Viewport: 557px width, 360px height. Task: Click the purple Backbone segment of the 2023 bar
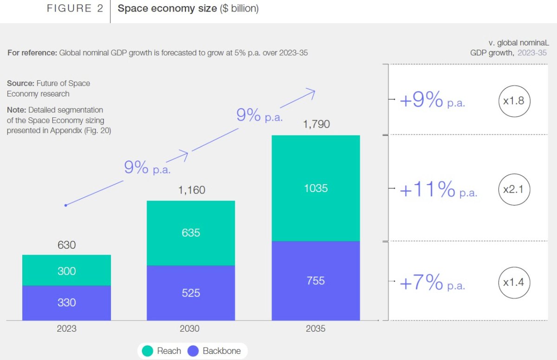pyautogui.click(x=66, y=303)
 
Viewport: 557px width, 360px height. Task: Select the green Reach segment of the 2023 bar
pyautogui.click(x=66, y=270)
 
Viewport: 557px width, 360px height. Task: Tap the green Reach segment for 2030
pyautogui.click(x=191, y=233)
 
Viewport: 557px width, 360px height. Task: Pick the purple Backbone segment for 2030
pyautogui.click(x=191, y=293)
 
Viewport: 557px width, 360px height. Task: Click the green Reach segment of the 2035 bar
pyautogui.click(x=316, y=188)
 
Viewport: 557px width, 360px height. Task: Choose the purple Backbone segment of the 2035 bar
pyautogui.click(x=316, y=281)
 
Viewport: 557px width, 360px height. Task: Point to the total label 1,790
pyautogui.click(x=316, y=124)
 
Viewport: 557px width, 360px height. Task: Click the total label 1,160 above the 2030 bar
pyautogui.click(x=191, y=190)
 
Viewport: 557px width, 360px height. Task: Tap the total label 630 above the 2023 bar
pyautogui.click(x=66, y=244)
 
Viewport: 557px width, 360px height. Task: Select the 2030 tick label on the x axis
pyautogui.click(x=191, y=329)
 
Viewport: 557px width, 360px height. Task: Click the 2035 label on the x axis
pyautogui.click(x=316, y=329)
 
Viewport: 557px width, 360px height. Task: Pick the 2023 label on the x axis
pyautogui.click(x=66, y=329)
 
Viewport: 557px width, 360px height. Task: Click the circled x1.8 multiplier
pyautogui.click(x=514, y=100)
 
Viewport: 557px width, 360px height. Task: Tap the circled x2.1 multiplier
pyautogui.click(x=514, y=189)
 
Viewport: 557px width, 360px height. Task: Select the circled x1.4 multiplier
pyautogui.click(x=514, y=282)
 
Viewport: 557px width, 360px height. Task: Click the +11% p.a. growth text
pyautogui.click(x=438, y=190)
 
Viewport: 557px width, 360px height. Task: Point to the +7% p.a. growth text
pyautogui.click(x=432, y=283)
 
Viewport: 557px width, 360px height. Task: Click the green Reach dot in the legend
pyautogui.click(x=148, y=351)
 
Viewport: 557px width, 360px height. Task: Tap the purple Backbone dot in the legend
pyautogui.click(x=193, y=351)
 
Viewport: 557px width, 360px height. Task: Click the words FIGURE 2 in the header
pyautogui.click(x=75, y=9)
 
